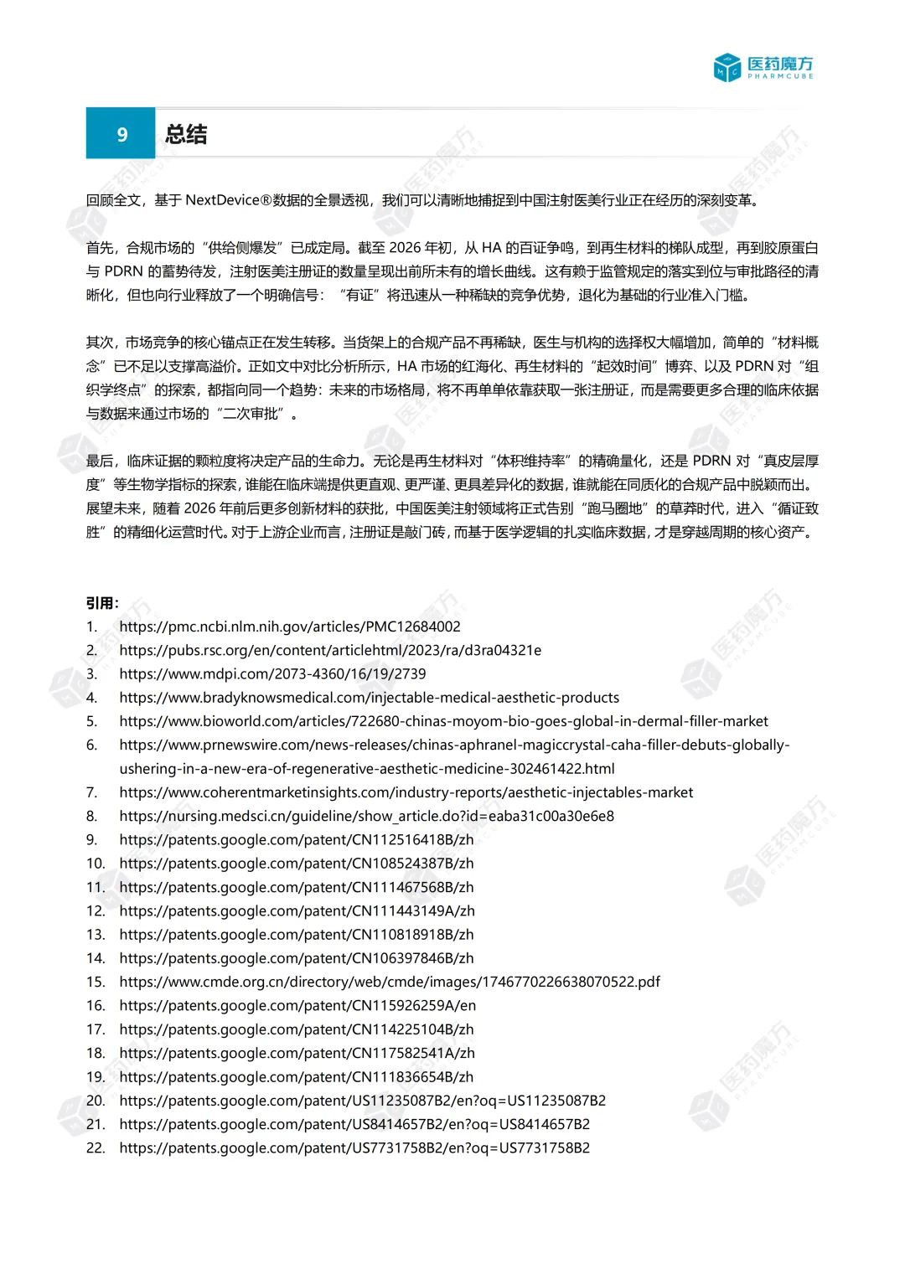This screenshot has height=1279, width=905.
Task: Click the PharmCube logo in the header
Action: (763, 67)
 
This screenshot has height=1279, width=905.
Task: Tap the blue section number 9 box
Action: (121, 134)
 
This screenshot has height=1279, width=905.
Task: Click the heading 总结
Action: (186, 135)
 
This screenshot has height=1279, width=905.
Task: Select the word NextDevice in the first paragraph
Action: (222, 200)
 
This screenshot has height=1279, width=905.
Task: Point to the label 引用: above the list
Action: (102, 603)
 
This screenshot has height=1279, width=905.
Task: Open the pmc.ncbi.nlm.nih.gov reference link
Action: (289, 627)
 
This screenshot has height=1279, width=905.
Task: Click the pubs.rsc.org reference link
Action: (330, 650)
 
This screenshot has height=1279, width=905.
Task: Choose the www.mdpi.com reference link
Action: (272, 673)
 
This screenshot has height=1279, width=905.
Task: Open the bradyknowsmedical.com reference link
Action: (369, 698)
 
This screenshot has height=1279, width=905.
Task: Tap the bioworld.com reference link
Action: (443, 721)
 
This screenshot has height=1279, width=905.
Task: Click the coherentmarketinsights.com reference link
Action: (406, 792)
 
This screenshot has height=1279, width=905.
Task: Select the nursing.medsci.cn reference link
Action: (366, 816)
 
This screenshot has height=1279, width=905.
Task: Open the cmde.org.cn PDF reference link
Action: (389, 982)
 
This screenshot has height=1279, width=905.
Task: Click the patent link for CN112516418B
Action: (296, 839)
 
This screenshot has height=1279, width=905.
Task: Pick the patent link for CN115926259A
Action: (297, 1005)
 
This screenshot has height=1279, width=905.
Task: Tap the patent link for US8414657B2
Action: (354, 1124)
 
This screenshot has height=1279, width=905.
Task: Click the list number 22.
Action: (96, 1147)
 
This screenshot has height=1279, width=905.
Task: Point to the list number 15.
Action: (96, 982)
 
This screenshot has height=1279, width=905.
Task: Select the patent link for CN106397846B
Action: (296, 958)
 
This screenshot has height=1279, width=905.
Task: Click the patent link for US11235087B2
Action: (362, 1101)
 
